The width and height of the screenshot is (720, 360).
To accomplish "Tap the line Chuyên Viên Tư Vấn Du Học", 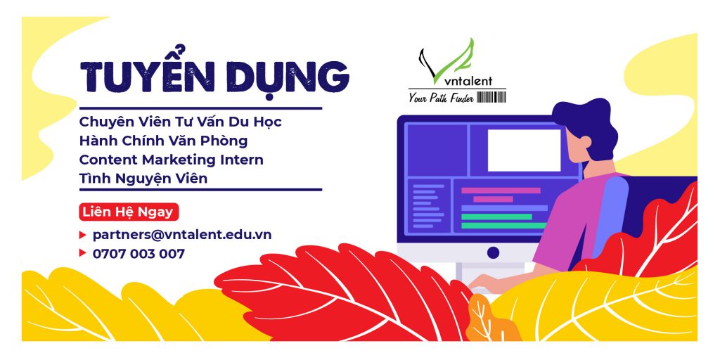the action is [181, 122].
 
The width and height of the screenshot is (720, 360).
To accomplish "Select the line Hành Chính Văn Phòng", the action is [163, 141].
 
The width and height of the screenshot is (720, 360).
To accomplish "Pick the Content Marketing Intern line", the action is [172, 160].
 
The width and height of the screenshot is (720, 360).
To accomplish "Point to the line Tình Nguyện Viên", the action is [143, 178].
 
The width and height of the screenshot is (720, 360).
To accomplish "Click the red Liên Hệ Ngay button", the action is [129, 212].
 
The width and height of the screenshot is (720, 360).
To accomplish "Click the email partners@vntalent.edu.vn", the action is [182, 235].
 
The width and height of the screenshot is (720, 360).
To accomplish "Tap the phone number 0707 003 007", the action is [139, 253].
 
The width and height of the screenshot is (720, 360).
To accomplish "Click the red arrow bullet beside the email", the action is [83, 235].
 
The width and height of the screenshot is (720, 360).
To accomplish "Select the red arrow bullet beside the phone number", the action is [83, 252].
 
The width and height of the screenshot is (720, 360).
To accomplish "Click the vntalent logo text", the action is [463, 82].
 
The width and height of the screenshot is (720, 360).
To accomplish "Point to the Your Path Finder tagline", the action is [441, 97].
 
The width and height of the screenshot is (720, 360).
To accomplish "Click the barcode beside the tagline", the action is [491, 97].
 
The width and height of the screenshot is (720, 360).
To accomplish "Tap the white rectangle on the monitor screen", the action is [524, 150].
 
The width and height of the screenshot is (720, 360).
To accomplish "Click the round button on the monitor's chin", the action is [493, 252].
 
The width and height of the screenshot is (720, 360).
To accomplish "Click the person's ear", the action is [584, 142].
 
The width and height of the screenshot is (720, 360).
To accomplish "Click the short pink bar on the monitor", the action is [493, 199].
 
